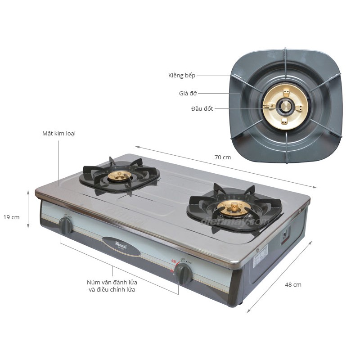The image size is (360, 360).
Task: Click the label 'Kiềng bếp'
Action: [182, 76]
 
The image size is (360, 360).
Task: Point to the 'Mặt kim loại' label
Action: [56, 134]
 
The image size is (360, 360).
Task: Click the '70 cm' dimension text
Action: [223, 157]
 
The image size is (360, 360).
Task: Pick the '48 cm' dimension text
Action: [293, 284]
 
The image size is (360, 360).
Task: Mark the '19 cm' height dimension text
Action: [11, 217]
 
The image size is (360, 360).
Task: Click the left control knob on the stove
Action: [66, 225]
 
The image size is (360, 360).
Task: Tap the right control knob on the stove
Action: [183, 273]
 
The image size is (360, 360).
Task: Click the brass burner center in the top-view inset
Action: [285, 107]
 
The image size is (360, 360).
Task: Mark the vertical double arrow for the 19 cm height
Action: [28, 209]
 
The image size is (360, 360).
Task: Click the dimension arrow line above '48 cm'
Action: [279, 276]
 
